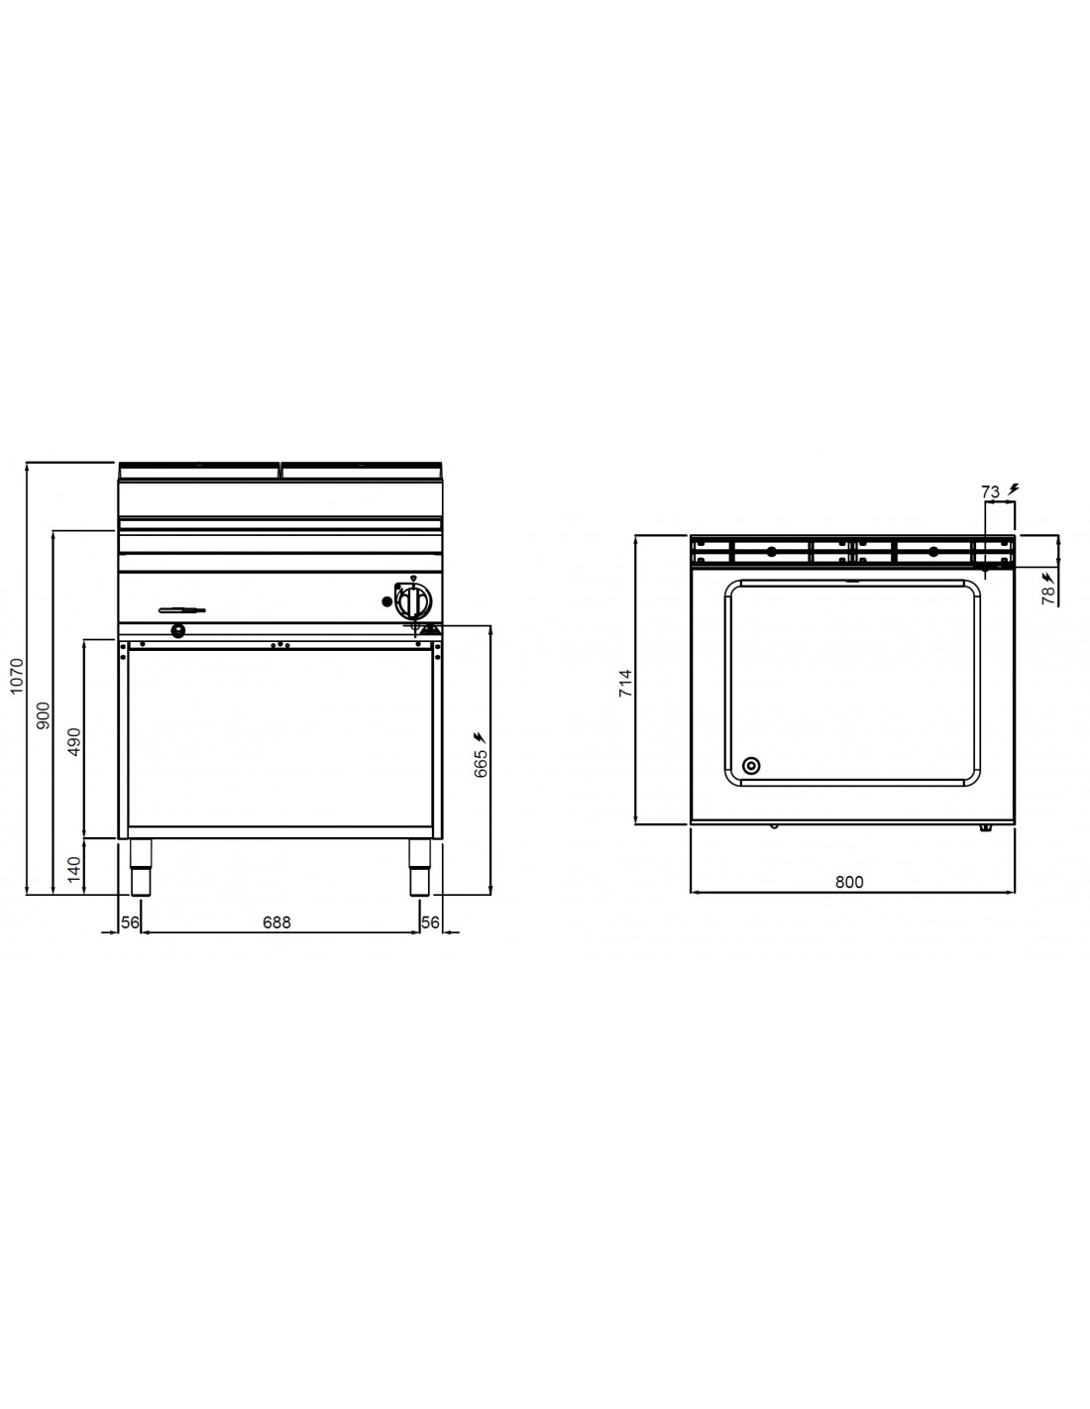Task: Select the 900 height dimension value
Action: (44, 714)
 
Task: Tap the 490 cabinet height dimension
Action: (75, 742)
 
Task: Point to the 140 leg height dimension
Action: (75, 868)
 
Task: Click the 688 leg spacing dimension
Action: (276, 922)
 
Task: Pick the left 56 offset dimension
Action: (130, 922)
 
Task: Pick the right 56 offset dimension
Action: (430, 922)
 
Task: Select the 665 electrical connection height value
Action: (481, 763)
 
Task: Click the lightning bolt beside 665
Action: (480, 736)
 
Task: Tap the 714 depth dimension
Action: (625, 684)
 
